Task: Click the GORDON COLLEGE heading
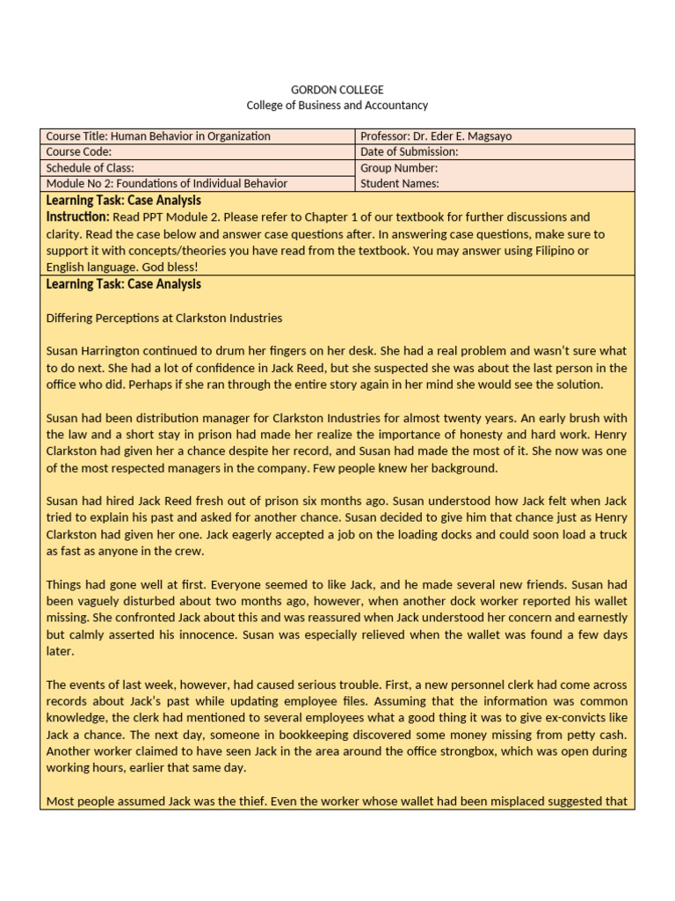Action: point(337,90)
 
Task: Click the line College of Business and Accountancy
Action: point(337,106)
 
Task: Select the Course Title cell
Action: point(158,136)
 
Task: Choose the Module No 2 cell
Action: point(167,184)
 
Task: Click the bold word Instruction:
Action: point(78,216)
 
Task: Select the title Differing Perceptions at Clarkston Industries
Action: point(164,318)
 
